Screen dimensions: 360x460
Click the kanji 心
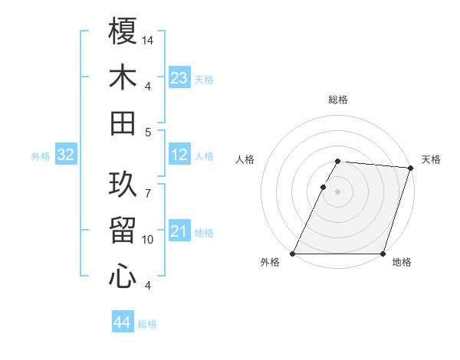pyautogui.click(x=123, y=277)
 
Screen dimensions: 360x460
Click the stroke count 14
pyautogui.click(x=149, y=39)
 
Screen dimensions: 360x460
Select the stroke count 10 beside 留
pyautogui.click(x=149, y=240)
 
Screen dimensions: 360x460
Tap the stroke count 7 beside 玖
pyautogui.click(x=148, y=185)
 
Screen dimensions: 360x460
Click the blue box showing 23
pyautogui.click(x=179, y=78)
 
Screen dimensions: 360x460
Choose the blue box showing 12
pyautogui.click(x=179, y=155)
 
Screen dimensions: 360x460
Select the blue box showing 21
pyautogui.click(x=179, y=232)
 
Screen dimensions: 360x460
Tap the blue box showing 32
pyautogui.click(x=66, y=155)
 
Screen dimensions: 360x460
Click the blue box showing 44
pyautogui.click(x=123, y=322)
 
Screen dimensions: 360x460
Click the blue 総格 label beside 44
pyautogui.click(x=147, y=324)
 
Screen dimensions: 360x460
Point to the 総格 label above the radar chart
pyautogui.click(x=338, y=100)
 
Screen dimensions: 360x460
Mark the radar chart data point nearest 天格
pyautogui.click(x=410, y=168)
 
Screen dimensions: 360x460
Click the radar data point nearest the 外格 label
pyautogui.click(x=293, y=254)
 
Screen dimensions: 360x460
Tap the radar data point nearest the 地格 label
pyautogui.click(x=383, y=254)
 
